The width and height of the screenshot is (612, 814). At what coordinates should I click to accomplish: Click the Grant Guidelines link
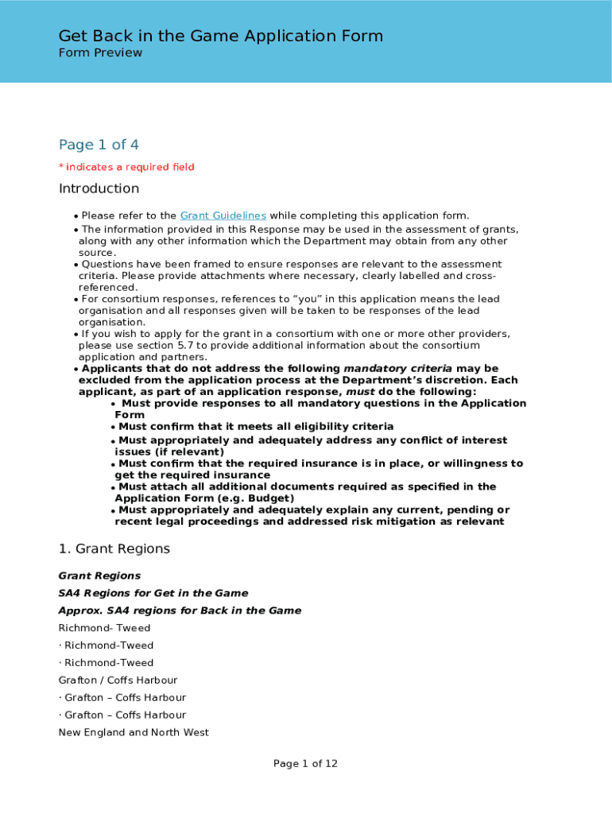[x=223, y=215]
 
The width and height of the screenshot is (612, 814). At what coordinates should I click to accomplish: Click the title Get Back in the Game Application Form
[x=220, y=36]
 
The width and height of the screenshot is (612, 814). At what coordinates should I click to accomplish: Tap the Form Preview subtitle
[x=100, y=52]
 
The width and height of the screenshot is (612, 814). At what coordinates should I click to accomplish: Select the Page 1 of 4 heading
[x=99, y=145]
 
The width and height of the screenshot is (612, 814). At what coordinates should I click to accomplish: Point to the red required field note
[x=126, y=167]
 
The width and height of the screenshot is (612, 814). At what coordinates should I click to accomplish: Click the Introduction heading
[x=99, y=188]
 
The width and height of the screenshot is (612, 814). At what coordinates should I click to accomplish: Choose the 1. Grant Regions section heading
[x=114, y=549]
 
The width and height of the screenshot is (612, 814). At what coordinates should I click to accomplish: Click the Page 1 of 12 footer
[x=305, y=764]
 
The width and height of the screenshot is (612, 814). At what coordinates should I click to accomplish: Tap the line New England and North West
[x=134, y=732]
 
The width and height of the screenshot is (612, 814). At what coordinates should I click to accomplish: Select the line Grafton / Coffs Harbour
[x=118, y=680]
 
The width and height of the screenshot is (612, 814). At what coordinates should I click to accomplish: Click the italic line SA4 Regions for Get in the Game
[x=153, y=593]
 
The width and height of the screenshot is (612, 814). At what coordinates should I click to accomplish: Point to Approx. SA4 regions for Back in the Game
[x=180, y=610]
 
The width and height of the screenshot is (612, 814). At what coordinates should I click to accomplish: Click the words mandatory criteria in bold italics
[x=397, y=368]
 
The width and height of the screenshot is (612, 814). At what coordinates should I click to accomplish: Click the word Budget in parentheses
[x=273, y=498]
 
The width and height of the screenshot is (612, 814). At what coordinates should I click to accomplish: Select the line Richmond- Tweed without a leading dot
[x=104, y=628]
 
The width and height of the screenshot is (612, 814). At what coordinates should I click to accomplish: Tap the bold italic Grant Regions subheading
[x=99, y=576]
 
